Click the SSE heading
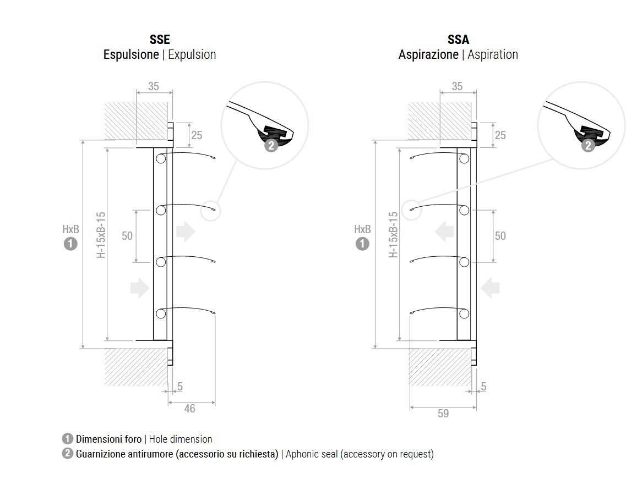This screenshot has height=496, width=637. (160, 40)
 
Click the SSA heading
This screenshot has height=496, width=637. (458, 40)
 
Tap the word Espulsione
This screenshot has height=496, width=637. (131, 55)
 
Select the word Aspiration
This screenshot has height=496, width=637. (493, 55)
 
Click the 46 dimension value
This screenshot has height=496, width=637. (189, 409)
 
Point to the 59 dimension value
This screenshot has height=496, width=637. (443, 414)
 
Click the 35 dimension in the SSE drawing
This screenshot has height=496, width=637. (154, 86)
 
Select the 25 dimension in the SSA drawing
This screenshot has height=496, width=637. (500, 135)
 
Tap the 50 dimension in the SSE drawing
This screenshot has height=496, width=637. (127, 235)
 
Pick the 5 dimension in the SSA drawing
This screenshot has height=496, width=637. (483, 387)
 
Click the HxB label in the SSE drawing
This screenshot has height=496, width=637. (71, 229)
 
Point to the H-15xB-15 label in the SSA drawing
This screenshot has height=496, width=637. (393, 235)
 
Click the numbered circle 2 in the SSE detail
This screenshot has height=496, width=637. (271, 145)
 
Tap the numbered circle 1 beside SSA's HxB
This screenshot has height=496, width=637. (362, 244)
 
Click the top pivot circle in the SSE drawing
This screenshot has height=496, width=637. (160, 159)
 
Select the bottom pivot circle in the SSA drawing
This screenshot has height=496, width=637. (464, 313)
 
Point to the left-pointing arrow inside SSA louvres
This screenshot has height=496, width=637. (444, 232)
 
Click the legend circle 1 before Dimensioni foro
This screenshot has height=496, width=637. (68, 439)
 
